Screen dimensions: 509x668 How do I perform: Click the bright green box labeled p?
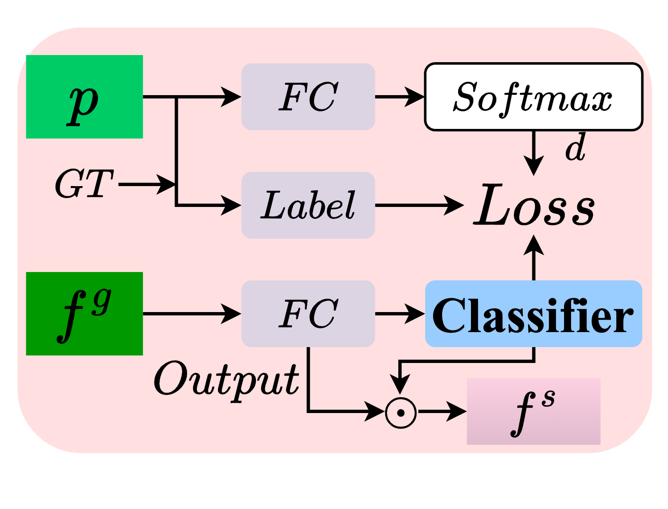[x=84, y=97]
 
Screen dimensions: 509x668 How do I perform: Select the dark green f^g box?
[x=84, y=314]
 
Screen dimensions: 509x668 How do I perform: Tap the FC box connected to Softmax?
[x=308, y=97]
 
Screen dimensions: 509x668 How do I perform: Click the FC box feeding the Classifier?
[x=308, y=314]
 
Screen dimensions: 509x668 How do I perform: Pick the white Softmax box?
[x=533, y=97]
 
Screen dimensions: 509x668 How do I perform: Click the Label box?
[x=308, y=205]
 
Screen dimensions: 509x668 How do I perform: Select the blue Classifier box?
[x=533, y=314]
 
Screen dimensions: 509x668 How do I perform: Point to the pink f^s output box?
[x=533, y=411]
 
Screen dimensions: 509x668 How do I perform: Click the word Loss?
[x=534, y=205]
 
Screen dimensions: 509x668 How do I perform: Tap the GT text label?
[x=83, y=184]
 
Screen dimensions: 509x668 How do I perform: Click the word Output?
[x=226, y=380]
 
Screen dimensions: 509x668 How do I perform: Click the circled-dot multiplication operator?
[x=400, y=413]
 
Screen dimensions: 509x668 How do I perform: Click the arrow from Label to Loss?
[x=417, y=205]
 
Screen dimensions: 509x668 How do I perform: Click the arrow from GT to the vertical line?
[x=146, y=184]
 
